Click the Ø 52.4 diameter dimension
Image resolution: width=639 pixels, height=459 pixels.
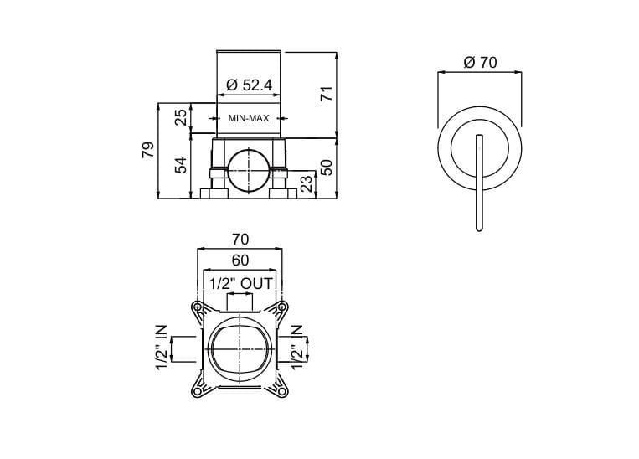[249, 85]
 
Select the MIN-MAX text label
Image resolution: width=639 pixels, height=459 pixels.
[249, 118]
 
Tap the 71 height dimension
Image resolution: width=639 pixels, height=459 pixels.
[327, 92]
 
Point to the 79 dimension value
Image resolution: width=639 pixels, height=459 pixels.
[147, 150]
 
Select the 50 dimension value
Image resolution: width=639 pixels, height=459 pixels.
[327, 166]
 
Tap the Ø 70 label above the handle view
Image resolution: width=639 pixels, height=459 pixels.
[480, 63]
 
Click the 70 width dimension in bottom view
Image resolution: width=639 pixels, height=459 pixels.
[240, 240]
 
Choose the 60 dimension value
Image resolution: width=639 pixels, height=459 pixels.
[240, 260]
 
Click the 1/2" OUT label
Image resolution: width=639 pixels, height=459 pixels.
[240, 283]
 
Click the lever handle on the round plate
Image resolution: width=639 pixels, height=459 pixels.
[477, 180]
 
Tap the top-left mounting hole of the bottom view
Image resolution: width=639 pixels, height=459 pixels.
[197, 307]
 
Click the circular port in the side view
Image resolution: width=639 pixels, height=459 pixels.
[249, 169]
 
